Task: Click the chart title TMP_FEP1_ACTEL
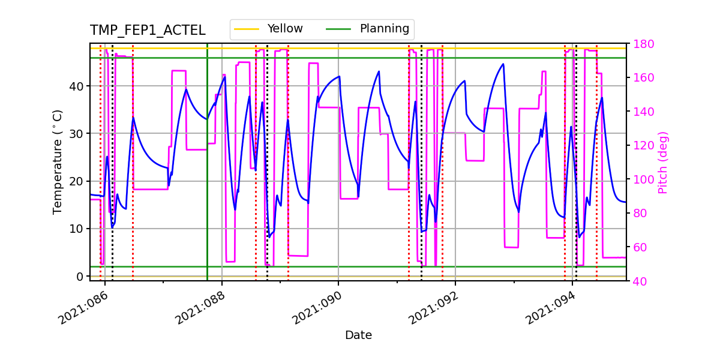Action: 148,31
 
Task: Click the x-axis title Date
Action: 358,335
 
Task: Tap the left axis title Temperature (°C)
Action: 58,162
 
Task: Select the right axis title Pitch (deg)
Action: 662,162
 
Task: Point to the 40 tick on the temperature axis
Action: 76,86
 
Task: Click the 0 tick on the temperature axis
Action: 79,276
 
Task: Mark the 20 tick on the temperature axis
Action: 76,181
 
